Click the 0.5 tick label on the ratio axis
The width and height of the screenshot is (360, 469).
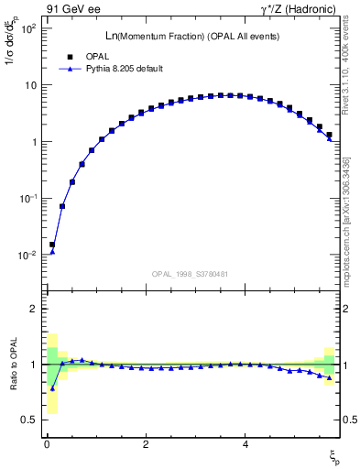pos(28,420)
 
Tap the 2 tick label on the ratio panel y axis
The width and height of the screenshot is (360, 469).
pos(33,309)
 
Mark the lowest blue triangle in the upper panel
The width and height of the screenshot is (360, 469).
pos(52,251)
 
